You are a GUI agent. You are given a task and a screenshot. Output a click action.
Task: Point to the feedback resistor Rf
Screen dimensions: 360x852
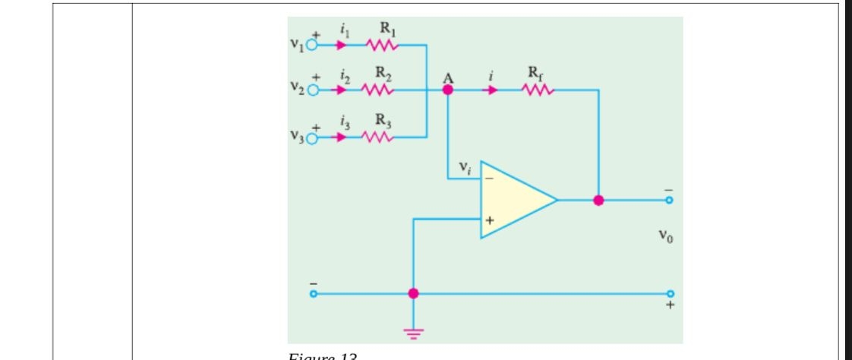click(x=538, y=90)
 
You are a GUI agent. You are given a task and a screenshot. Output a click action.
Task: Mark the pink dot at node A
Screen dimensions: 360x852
click(x=448, y=90)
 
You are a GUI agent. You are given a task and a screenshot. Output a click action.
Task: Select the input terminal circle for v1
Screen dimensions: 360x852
click(x=311, y=45)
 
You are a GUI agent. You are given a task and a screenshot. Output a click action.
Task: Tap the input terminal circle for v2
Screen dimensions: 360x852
click(x=311, y=90)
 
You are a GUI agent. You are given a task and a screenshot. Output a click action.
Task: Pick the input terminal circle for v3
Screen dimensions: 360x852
click(x=311, y=137)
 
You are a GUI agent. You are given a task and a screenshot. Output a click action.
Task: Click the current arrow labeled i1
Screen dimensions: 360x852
click(x=341, y=45)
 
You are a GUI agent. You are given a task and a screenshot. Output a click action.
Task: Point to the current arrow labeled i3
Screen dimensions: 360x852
click(x=341, y=137)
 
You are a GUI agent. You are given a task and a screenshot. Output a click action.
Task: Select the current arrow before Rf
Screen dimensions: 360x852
click(x=493, y=90)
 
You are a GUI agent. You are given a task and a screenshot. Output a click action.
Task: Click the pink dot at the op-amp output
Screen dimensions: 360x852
click(x=598, y=201)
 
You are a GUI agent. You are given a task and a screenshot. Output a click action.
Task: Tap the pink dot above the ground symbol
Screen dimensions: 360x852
click(x=413, y=293)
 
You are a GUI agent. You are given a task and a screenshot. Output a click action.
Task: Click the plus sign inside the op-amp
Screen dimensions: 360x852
click(x=490, y=220)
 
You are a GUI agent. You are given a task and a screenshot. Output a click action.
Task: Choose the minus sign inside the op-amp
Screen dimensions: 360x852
click(x=490, y=179)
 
